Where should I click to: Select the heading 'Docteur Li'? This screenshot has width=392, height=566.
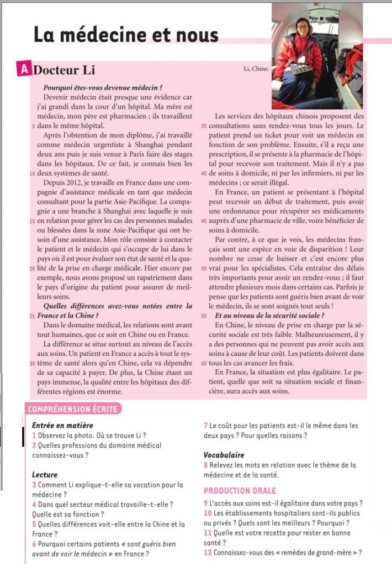pos(64,70)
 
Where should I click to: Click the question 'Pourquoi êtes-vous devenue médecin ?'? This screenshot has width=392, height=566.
pos(102,87)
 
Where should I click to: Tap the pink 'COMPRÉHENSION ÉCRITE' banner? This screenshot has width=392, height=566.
pos(73,409)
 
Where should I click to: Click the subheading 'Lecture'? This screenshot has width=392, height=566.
pos(45,474)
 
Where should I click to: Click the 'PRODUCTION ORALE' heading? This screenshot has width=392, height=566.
pos(239,490)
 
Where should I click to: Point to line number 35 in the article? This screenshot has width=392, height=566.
pos(204,125)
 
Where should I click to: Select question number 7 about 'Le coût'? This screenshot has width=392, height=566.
pos(206,426)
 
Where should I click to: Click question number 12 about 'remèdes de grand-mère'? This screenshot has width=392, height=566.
pos(208,553)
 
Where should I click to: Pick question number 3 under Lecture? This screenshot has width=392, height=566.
pos(34,485)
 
